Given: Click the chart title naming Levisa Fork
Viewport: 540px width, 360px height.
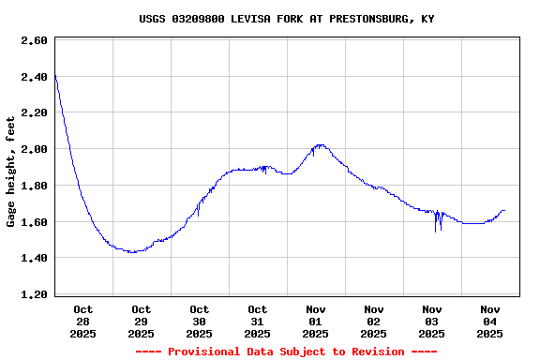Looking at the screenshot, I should click(286, 19).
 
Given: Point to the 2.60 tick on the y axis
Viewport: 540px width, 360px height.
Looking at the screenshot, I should click(34, 40).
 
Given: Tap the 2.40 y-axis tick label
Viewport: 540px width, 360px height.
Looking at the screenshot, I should click(34, 77).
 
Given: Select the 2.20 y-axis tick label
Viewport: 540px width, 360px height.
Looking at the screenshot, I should click(34, 112).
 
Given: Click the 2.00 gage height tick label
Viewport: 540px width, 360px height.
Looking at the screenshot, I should click(34, 149).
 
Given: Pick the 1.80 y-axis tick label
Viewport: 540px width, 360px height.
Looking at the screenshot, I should click(34, 186).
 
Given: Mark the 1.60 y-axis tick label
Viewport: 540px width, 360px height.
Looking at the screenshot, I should click(34, 222).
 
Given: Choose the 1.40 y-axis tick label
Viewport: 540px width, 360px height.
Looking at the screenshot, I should click(34, 258).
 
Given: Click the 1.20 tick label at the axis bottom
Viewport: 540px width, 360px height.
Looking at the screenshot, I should click(34, 294).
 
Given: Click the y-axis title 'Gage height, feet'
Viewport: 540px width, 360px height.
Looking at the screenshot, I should click(11, 172).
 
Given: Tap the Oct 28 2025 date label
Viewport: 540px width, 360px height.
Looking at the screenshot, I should click(82, 321).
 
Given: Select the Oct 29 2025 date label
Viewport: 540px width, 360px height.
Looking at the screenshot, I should click(141, 321).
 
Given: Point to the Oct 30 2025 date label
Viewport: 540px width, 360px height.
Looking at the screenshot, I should click(199, 321).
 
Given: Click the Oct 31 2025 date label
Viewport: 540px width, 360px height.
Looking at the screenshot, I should click(257, 321).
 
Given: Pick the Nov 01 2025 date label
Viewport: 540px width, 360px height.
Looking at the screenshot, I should click(315, 321).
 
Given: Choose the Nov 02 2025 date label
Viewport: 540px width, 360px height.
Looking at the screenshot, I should click(373, 321).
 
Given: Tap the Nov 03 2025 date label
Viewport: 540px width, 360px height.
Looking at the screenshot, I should click(431, 321).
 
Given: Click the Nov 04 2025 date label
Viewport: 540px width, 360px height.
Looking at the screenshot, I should click(489, 321).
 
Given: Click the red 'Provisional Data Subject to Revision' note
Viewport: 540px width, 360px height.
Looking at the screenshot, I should click(286, 352).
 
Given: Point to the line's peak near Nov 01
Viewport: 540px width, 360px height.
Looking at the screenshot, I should click(321, 145).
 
